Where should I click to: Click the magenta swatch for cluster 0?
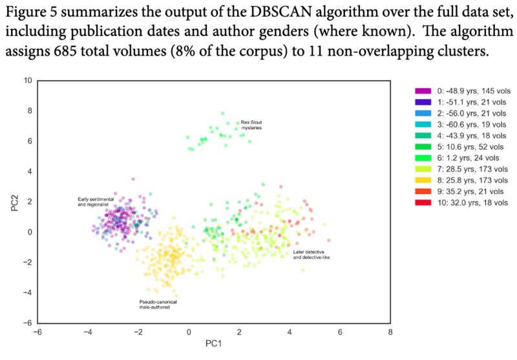coord(423,92)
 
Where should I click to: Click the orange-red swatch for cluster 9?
coord(423,191)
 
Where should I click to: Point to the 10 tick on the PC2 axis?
coord(26,81)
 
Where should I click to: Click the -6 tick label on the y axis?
coord(26,323)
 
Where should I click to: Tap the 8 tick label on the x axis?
coord(390,334)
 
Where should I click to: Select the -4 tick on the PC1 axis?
coord(88,334)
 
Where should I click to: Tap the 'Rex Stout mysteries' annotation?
coord(251,125)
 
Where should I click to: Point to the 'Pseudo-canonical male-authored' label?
coord(158,304)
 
